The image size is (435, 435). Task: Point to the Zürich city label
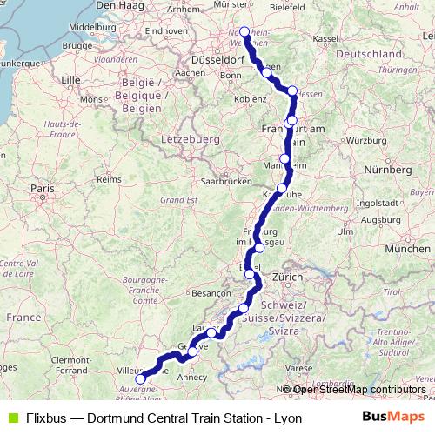[x=287, y=277]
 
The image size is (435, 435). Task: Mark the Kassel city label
[x=325, y=39]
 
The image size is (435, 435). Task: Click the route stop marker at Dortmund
[x=244, y=32]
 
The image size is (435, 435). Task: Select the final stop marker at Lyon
[x=141, y=379]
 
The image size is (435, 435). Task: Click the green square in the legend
[x=10, y=418]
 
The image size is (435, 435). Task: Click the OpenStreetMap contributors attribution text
[x=358, y=389]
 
